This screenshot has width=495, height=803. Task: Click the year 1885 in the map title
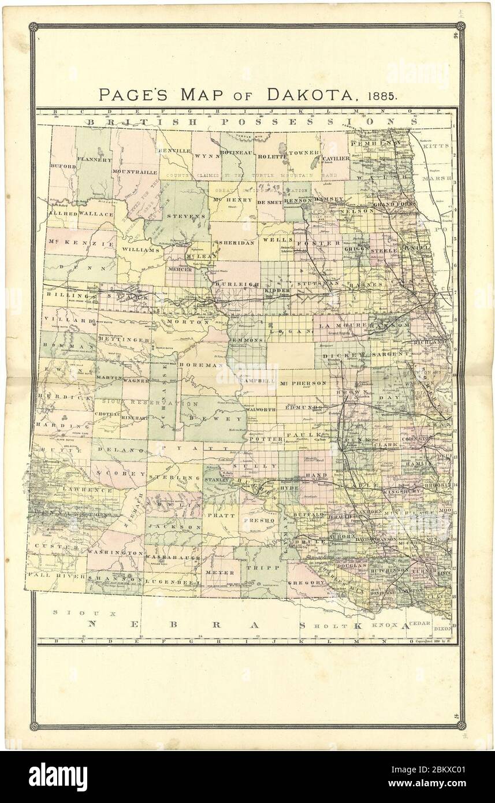coord(380,95)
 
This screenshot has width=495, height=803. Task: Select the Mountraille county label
coord(135,172)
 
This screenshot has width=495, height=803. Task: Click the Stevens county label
coord(178,216)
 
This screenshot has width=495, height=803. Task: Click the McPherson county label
coord(303,382)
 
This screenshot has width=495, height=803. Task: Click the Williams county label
coord(140,250)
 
